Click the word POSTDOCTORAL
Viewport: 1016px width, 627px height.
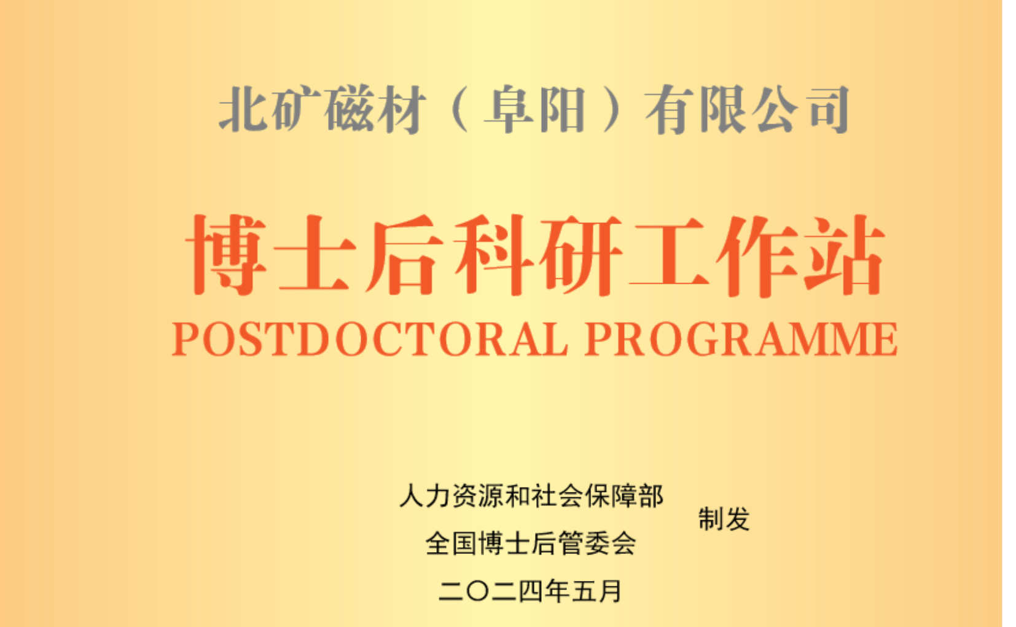370,339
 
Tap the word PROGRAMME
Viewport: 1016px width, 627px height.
741,339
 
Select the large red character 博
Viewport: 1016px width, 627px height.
226,255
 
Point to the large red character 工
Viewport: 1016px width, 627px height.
668,255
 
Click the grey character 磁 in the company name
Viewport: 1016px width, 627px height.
350,109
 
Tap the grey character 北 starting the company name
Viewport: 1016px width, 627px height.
243,109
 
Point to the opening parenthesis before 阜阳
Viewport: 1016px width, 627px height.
459,109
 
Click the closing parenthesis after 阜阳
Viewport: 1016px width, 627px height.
612,109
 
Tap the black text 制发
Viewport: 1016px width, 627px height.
724,519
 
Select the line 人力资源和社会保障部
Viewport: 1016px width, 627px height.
531,496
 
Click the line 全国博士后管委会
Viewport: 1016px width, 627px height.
531,543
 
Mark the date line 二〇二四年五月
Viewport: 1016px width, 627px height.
530,591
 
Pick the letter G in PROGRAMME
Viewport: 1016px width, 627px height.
703,339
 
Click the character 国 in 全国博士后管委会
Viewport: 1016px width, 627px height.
464,543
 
